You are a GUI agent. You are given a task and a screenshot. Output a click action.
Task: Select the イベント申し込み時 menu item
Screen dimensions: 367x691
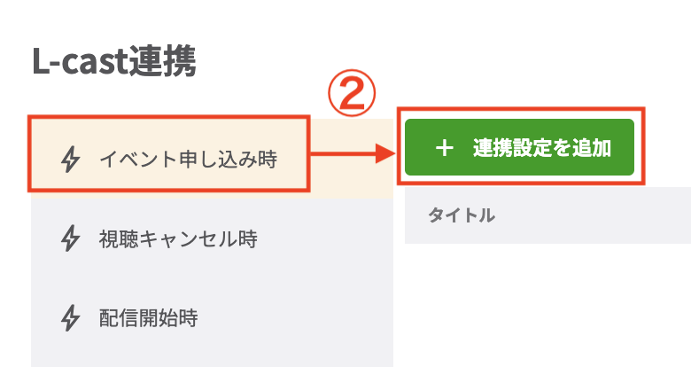point(188,160)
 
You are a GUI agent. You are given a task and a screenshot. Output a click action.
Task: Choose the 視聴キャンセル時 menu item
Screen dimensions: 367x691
point(178,238)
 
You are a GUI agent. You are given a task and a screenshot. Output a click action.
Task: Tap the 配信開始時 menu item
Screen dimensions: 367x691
point(148,317)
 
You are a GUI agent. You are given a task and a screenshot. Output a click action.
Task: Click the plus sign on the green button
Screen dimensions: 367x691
point(445,147)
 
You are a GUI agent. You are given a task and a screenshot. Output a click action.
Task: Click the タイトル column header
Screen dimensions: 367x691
point(462,215)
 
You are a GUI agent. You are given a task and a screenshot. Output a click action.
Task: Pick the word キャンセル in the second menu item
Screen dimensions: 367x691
point(186,238)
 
